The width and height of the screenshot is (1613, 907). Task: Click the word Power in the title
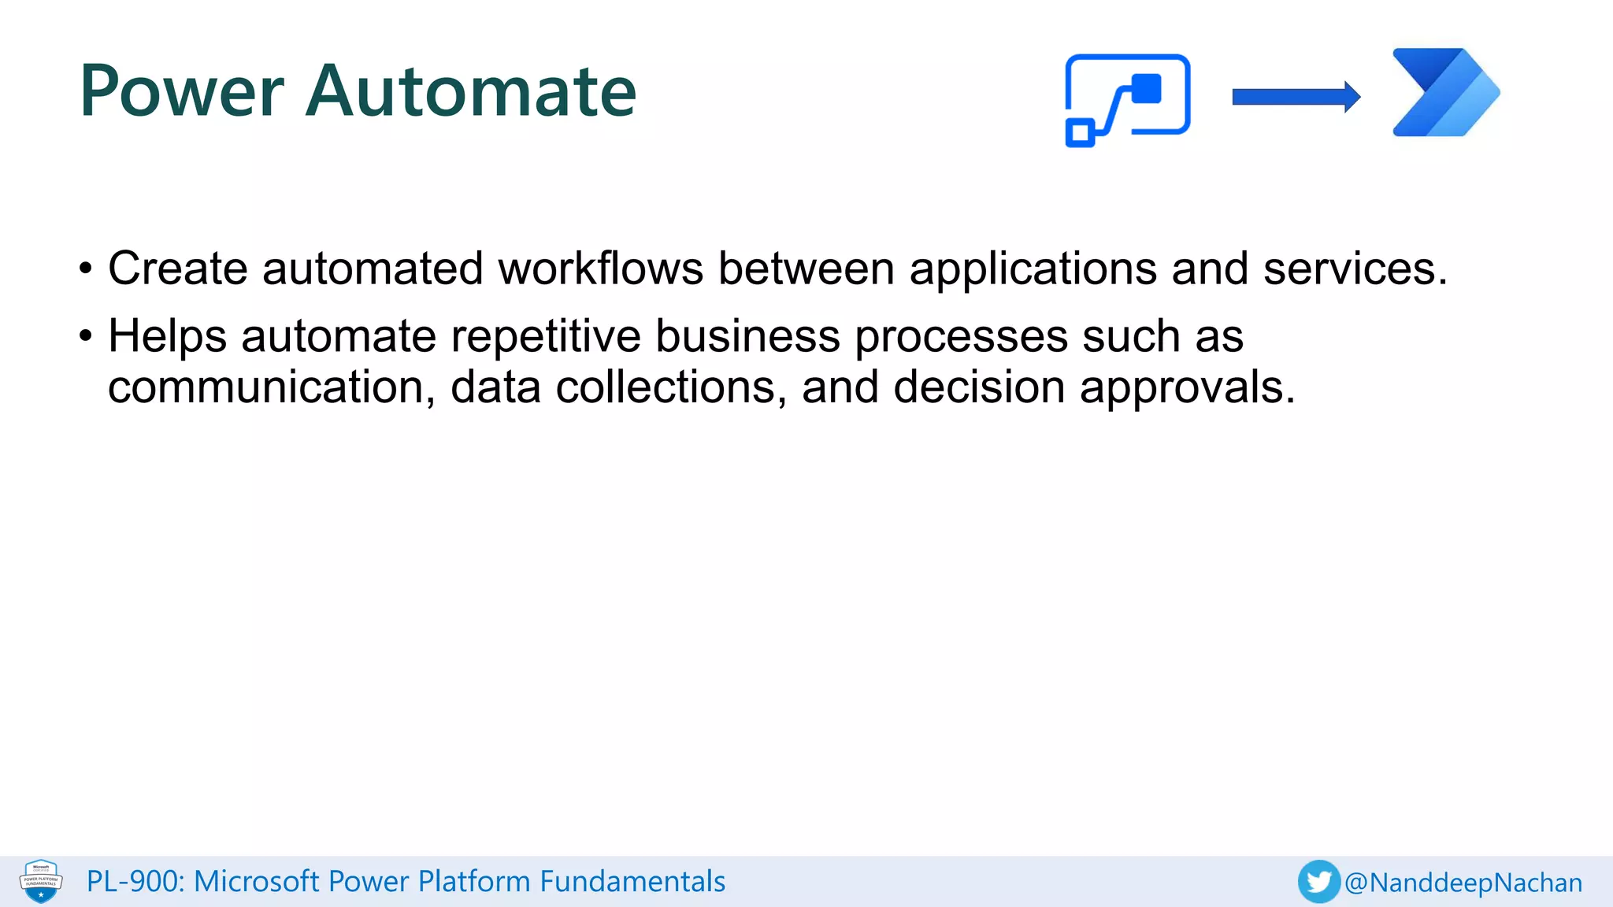[x=181, y=92]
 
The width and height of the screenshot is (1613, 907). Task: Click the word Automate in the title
[x=470, y=92]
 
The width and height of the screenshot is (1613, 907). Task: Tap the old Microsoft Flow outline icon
[x=1127, y=99]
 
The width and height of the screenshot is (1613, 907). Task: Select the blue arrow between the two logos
[x=1296, y=97]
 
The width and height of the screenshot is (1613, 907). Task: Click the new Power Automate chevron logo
[x=1445, y=93]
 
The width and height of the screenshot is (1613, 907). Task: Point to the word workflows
[x=600, y=268]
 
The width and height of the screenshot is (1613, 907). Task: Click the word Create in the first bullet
[x=178, y=268]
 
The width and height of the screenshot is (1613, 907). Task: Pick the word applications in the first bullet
[x=1033, y=268]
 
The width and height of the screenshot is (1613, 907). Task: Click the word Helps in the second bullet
[x=168, y=336]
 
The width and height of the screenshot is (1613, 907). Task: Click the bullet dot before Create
[x=86, y=270]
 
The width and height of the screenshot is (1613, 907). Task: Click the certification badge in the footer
[x=41, y=881]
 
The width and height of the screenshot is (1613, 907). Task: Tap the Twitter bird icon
[x=1318, y=882]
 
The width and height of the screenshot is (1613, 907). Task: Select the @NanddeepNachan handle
[x=1463, y=883]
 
